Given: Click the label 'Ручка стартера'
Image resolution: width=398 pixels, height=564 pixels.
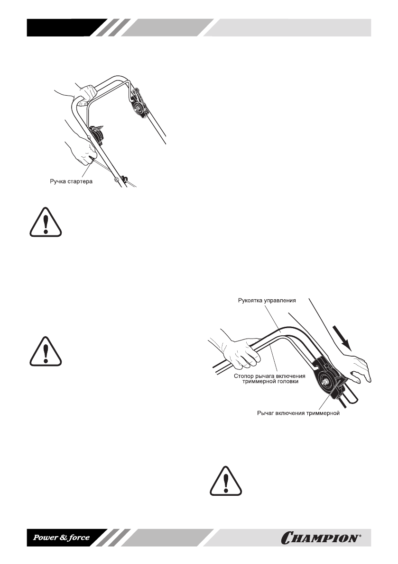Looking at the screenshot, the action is click(71, 181).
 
